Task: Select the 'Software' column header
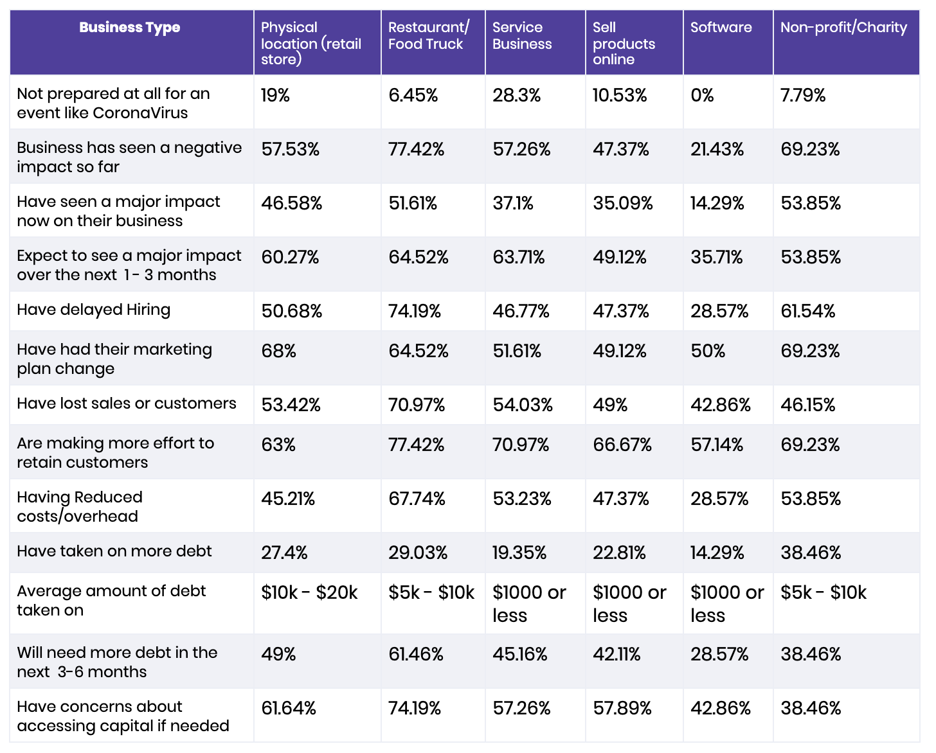(x=721, y=28)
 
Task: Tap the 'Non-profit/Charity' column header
(x=843, y=28)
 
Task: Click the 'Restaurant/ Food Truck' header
(x=428, y=35)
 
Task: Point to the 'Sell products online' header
(x=624, y=43)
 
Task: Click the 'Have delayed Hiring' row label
(x=93, y=310)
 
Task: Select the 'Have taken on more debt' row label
(x=114, y=551)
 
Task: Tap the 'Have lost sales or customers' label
(x=127, y=403)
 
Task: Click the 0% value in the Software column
(x=702, y=95)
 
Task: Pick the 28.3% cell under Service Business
(x=516, y=95)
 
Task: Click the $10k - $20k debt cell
(x=309, y=592)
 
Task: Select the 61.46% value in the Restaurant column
(x=416, y=654)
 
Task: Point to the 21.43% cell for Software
(x=717, y=149)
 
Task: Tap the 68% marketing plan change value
(x=278, y=351)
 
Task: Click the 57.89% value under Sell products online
(x=622, y=708)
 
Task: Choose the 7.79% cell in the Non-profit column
(x=803, y=95)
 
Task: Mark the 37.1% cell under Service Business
(x=513, y=203)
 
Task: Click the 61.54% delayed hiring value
(x=807, y=311)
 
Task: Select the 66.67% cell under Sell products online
(x=622, y=445)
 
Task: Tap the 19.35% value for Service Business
(x=519, y=553)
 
